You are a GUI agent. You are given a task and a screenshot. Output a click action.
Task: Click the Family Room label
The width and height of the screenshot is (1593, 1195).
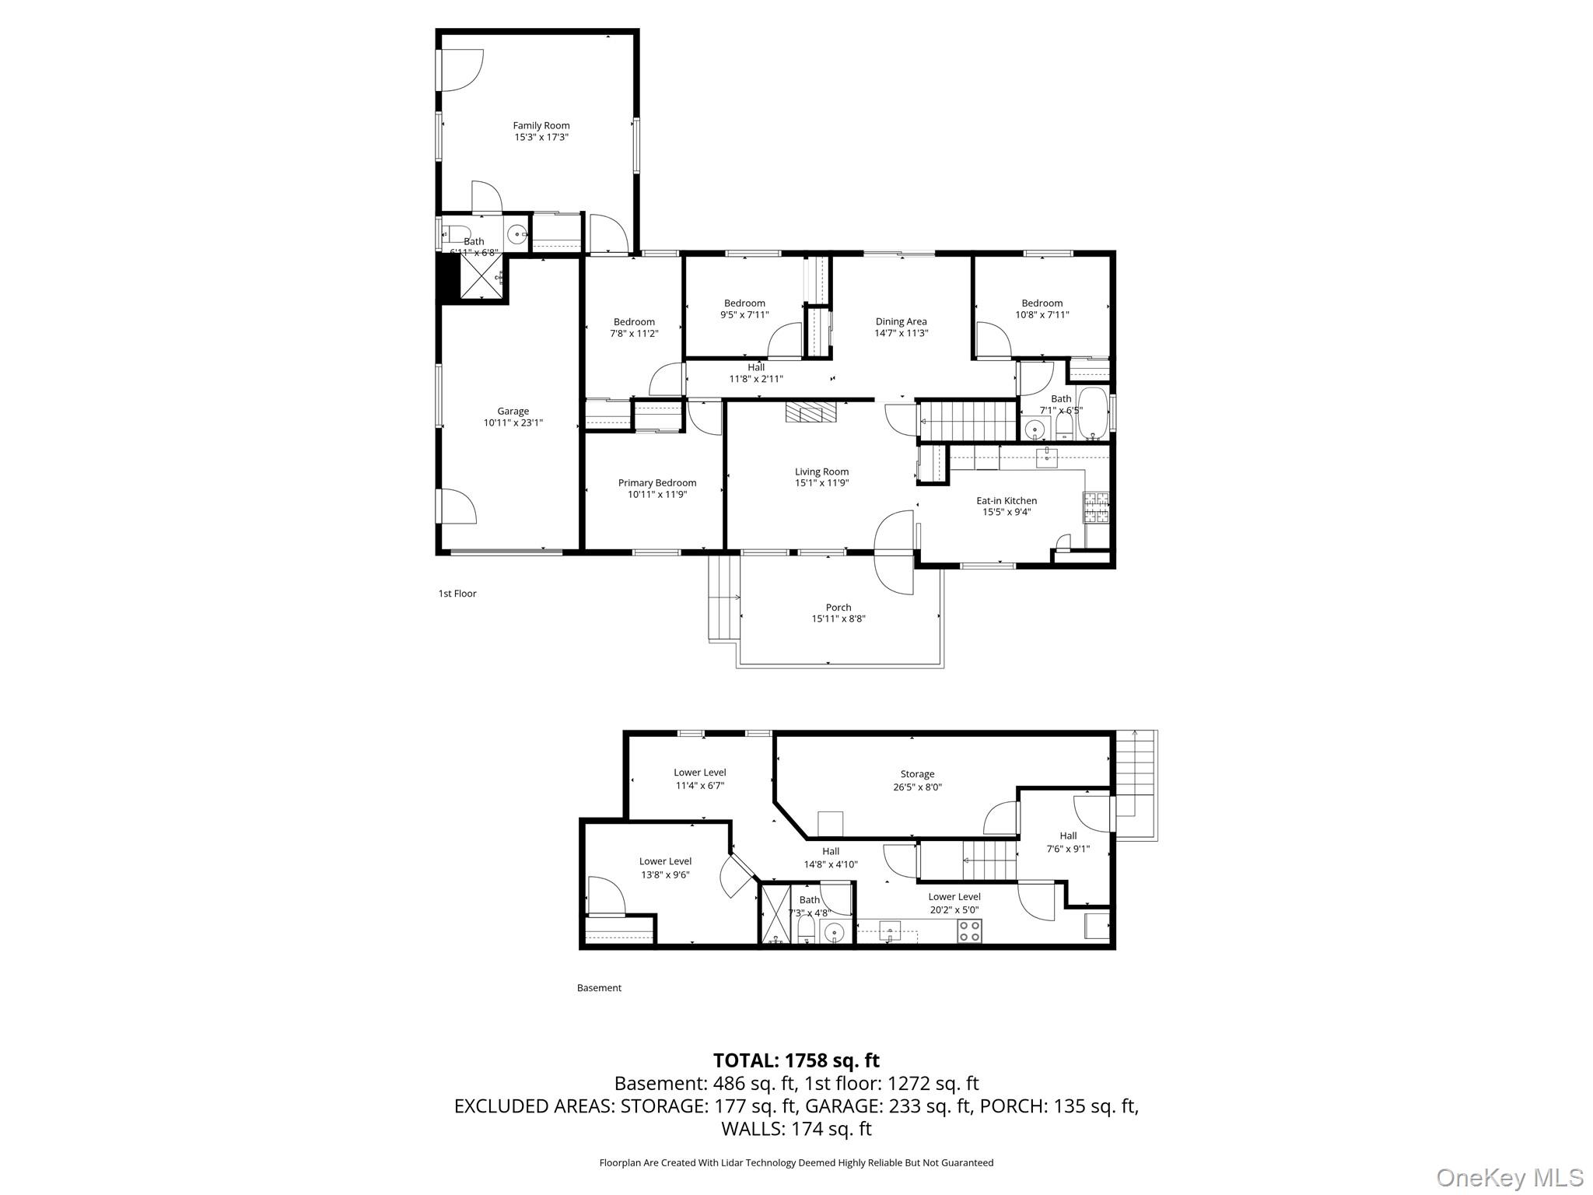541,125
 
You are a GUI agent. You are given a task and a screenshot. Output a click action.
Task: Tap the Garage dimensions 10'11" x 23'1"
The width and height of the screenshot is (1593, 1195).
513,423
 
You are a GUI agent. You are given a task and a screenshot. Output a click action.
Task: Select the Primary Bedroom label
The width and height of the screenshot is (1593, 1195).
657,483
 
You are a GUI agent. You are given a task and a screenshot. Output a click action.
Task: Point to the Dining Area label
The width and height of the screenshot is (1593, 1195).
901,321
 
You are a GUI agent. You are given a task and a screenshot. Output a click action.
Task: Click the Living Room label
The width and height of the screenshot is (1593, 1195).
821,471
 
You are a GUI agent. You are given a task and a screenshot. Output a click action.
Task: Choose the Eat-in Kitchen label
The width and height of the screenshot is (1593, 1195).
1007,501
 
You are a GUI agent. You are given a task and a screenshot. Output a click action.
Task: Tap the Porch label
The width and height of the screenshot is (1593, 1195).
839,608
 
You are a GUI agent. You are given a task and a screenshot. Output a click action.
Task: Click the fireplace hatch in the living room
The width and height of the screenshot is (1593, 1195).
810,412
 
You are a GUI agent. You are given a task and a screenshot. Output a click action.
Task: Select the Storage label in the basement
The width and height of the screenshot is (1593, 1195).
917,774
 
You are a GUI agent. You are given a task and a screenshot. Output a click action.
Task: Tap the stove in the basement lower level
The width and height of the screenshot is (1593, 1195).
970,931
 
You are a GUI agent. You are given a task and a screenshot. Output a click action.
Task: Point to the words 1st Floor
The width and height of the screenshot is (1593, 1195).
457,594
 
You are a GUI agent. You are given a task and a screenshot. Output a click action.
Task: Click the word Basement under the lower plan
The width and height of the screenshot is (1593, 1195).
599,988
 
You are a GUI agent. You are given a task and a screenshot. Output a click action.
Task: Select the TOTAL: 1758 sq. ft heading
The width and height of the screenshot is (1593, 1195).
796,1060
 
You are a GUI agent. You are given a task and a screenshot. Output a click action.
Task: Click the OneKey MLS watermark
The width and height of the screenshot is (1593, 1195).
1509,1177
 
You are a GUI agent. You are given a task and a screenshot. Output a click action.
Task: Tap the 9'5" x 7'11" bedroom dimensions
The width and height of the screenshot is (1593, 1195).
744,315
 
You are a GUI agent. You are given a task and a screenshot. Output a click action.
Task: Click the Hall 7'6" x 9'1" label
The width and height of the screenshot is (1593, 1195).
1068,843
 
